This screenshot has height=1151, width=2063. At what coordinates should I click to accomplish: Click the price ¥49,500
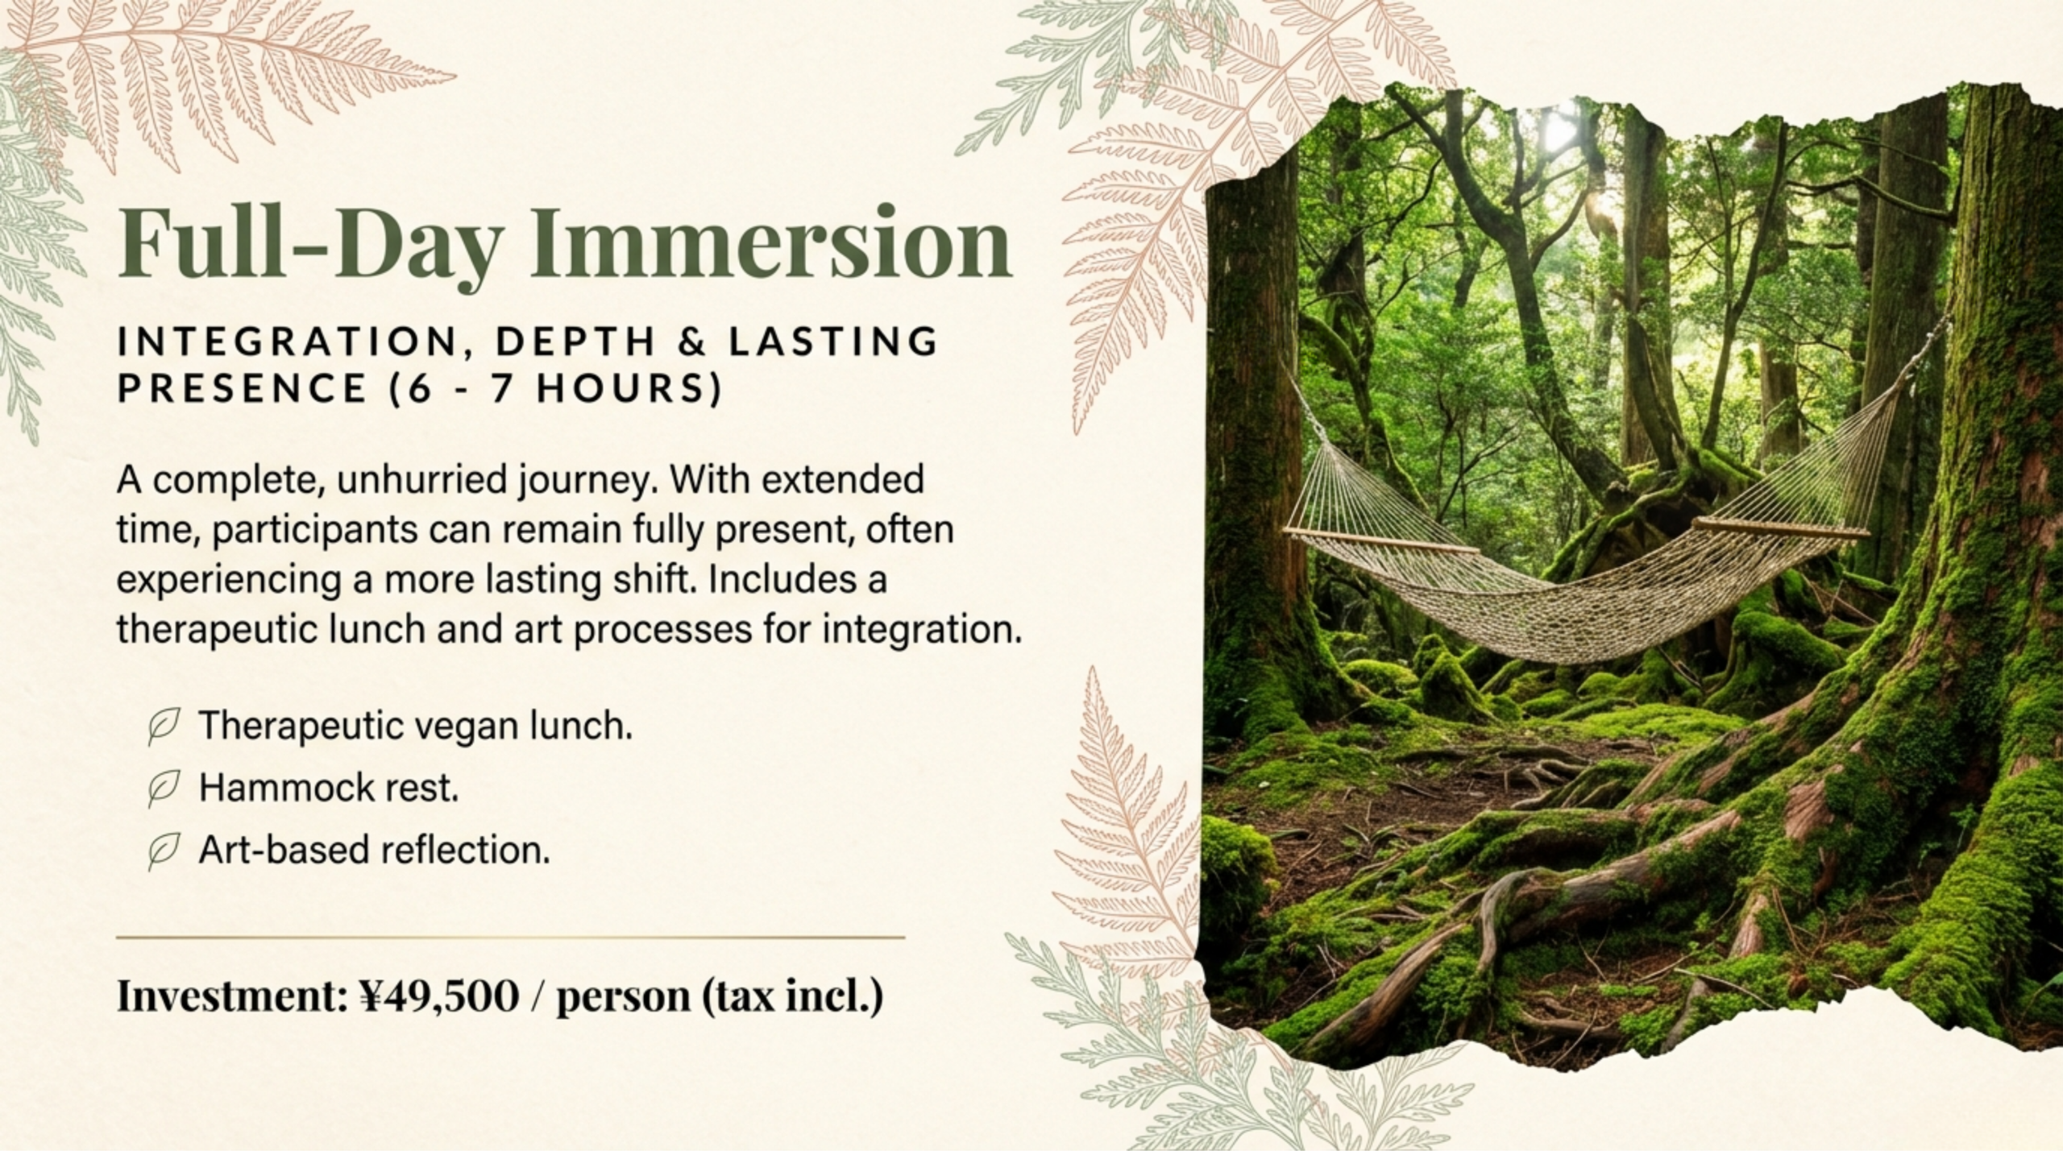pos(438,996)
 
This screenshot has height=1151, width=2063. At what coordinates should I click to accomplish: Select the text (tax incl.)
pos(793,996)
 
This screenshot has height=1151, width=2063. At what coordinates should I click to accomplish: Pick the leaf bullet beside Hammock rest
pos(163,788)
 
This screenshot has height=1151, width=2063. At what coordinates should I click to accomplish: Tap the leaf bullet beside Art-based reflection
pos(163,850)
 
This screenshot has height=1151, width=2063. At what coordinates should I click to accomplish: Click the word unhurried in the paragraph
pos(422,481)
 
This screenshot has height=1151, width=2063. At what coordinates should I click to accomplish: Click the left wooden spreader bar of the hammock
pos(1380,542)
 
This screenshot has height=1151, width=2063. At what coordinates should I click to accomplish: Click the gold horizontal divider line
pos(511,938)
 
